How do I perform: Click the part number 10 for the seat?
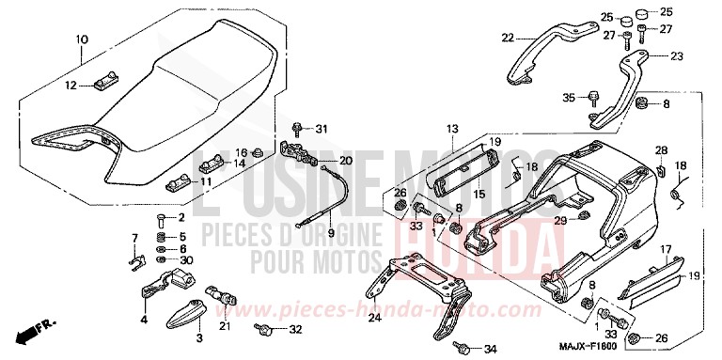(81, 39)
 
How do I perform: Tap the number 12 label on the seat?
(70, 86)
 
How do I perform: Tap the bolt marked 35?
(594, 96)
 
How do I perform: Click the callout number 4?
(144, 320)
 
